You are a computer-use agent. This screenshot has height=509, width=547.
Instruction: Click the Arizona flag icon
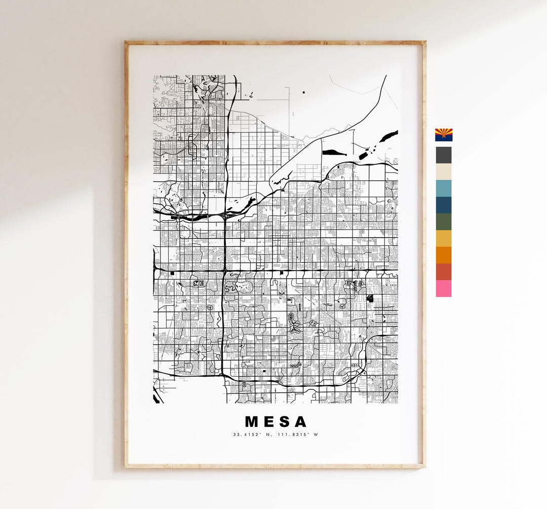(x=444, y=134)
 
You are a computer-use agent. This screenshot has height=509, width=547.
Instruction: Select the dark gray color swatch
(x=444, y=155)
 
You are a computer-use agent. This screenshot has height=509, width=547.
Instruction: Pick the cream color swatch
(x=444, y=172)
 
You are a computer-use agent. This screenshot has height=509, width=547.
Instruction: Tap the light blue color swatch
(x=444, y=188)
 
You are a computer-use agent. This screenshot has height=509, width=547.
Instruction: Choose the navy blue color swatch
(x=444, y=205)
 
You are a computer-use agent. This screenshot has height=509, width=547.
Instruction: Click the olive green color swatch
(x=444, y=222)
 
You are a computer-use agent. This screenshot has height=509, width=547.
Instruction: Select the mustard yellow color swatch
(x=444, y=238)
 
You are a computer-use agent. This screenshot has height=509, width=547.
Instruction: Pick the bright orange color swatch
(x=444, y=255)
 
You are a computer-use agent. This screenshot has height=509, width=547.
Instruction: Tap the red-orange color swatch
(x=444, y=272)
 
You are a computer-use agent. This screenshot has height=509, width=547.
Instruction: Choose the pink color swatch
(x=444, y=288)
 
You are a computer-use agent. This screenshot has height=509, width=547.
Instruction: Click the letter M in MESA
(x=252, y=422)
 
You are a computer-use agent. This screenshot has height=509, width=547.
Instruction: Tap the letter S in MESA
(x=285, y=422)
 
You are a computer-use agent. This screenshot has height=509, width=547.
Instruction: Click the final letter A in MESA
(x=301, y=422)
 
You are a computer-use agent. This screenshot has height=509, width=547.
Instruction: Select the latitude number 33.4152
(x=245, y=434)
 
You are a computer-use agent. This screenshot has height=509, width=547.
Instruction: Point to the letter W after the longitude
(x=316, y=434)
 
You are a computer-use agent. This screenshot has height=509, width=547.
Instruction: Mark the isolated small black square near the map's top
(x=304, y=92)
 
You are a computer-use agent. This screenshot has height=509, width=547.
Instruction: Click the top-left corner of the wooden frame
(x=127, y=43)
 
